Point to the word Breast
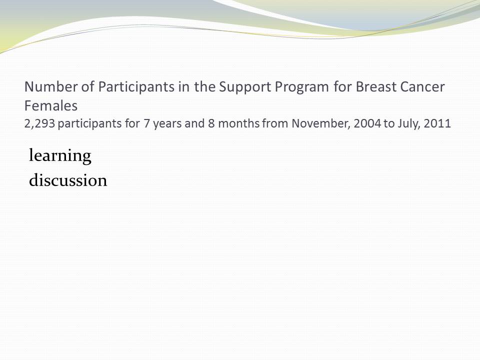click(x=375, y=86)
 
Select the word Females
click(x=51, y=106)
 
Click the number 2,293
click(x=39, y=123)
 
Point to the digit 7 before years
click(x=146, y=123)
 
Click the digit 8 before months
click(x=211, y=123)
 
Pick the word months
click(x=239, y=123)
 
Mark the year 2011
click(x=437, y=123)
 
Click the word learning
click(x=60, y=156)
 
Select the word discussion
click(x=68, y=179)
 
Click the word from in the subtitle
click(x=275, y=123)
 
